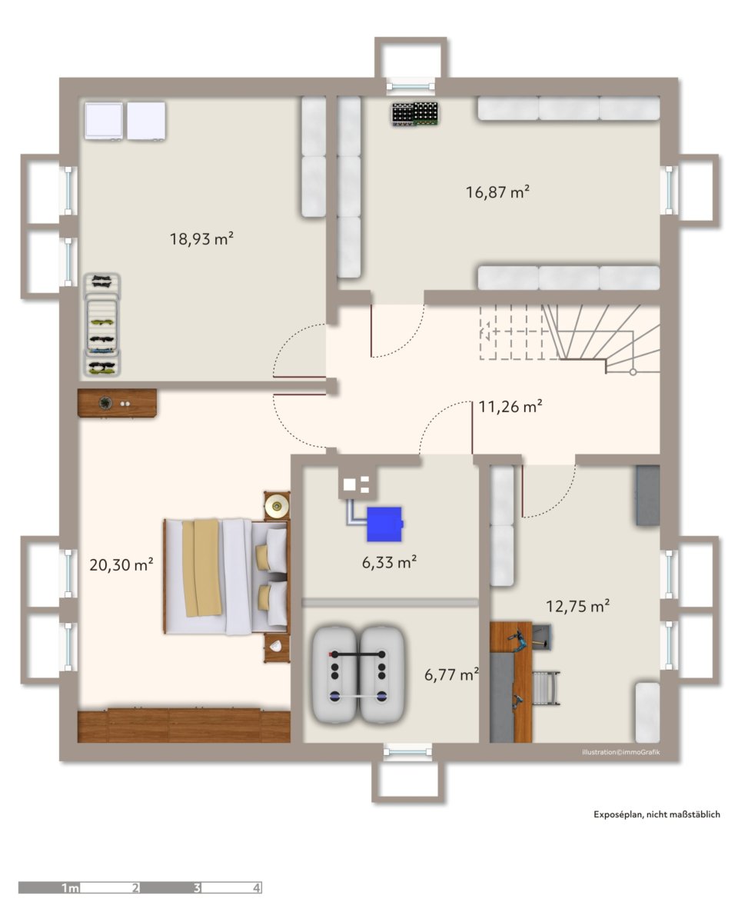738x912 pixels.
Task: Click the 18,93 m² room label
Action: pyautogui.click(x=201, y=238)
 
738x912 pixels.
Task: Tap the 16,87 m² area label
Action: pyautogui.click(x=497, y=191)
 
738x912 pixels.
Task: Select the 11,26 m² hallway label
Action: pyautogui.click(x=510, y=406)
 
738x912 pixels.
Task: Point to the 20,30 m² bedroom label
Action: pyautogui.click(x=121, y=564)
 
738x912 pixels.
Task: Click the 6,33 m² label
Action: pyautogui.click(x=389, y=562)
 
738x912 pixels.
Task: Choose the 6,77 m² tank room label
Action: pyautogui.click(x=451, y=674)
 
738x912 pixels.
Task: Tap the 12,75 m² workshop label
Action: pyautogui.click(x=577, y=606)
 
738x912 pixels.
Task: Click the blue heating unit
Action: pyautogui.click(x=384, y=521)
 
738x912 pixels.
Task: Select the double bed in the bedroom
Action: pyautogui.click(x=227, y=576)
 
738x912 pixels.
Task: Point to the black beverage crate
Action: pyautogui.click(x=414, y=114)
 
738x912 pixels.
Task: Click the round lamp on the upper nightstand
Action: pyautogui.click(x=277, y=505)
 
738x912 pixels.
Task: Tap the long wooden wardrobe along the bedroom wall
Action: pyautogui.click(x=184, y=725)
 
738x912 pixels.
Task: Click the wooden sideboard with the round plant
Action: pyautogui.click(x=117, y=403)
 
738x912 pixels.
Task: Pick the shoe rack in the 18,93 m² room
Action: pyautogui.click(x=103, y=325)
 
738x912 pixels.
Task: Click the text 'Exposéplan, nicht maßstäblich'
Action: pyautogui.click(x=657, y=814)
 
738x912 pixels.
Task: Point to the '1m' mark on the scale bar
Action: pyautogui.click(x=71, y=887)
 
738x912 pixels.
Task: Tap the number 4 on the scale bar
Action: pyautogui.click(x=257, y=887)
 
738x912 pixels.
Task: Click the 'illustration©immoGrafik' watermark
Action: pyautogui.click(x=620, y=752)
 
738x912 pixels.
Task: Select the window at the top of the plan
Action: pyautogui.click(x=411, y=86)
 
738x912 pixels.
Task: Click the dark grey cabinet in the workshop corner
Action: pyautogui.click(x=647, y=495)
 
